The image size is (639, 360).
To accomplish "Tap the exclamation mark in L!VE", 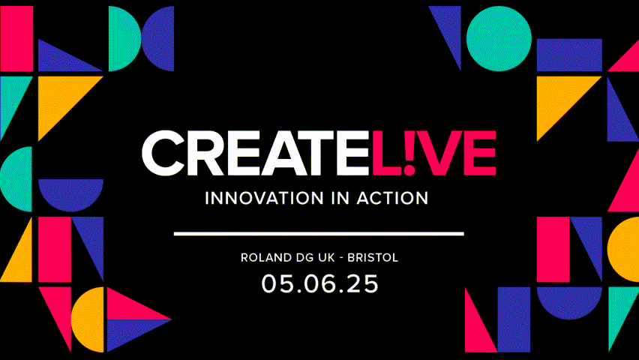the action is click(409, 153).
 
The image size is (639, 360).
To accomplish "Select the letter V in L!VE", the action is click(439, 153).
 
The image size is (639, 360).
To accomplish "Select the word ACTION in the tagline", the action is click(392, 198).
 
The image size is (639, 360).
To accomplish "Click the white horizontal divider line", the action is click(319, 233).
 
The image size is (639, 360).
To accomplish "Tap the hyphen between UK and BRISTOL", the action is click(341, 259).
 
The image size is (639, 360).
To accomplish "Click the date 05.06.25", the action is click(320, 283).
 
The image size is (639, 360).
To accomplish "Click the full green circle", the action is click(499, 39).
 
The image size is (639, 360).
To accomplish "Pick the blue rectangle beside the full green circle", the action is click(569, 55).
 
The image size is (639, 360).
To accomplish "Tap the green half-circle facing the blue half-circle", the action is click(124, 39).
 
